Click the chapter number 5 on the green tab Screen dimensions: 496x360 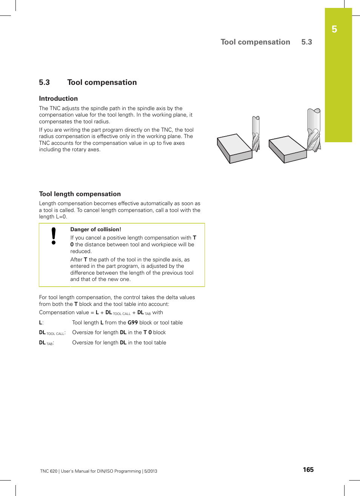pyautogui.click(x=334, y=29)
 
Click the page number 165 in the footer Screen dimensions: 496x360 pyautogui.click(x=308, y=470)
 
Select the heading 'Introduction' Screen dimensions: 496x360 pyautogui.click(x=58, y=98)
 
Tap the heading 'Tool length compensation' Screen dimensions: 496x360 pyautogui.click(x=80, y=194)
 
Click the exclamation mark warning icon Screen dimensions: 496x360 pyautogui.click(x=54, y=236)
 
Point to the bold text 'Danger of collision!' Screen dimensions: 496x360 pyautogui.click(x=95, y=229)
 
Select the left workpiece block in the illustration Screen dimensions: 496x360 pyautogui.click(x=234, y=148)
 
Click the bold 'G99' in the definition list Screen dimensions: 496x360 pyautogui.click(x=132, y=322)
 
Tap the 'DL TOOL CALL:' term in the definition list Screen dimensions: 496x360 pyautogui.click(x=52, y=333)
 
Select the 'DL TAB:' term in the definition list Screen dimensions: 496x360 pyautogui.click(x=46, y=343)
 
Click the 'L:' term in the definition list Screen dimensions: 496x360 pyautogui.click(x=41, y=322)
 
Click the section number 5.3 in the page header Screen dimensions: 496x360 pyautogui.click(x=306, y=42)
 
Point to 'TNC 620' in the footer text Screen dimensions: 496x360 pyautogui.click(x=49, y=471)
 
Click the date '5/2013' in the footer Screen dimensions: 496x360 pyautogui.click(x=150, y=471)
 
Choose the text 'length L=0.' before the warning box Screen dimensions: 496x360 pyautogui.click(x=53, y=217)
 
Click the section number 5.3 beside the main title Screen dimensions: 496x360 pyautogui.click(x=44, y=82)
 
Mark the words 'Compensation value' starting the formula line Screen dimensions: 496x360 pyautogui.click(x=64, y=313)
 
